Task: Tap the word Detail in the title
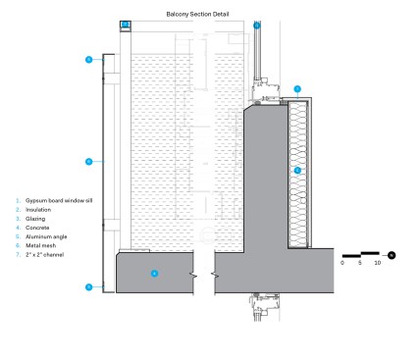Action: click(x=221, y=14)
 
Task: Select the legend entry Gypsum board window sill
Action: click(x=59, y=200)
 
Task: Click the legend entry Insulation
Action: click(x=38, y=210)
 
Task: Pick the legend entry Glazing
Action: click(x=35, y=219)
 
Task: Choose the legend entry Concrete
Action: click(x=37, y=228)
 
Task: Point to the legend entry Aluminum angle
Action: click(x=46, y=236)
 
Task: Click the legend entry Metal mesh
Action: click(x=40, y=245)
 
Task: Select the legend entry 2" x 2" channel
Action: click(x=44, y=254)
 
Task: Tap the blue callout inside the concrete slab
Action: click(x=154, y=274)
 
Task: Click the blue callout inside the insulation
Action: click(x=297, y=170)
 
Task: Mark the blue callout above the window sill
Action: click(x=297, y=88)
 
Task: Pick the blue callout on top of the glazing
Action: click(x=257, y=26)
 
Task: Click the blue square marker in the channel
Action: click(x=126, y=25)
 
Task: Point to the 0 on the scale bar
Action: click(x=342, y=263)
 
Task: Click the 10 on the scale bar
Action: click(x=378, y=263)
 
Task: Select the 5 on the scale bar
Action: click(x=360, y=263)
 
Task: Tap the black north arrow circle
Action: click(x=392, y=255)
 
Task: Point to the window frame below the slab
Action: click(x=264, y=307)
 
